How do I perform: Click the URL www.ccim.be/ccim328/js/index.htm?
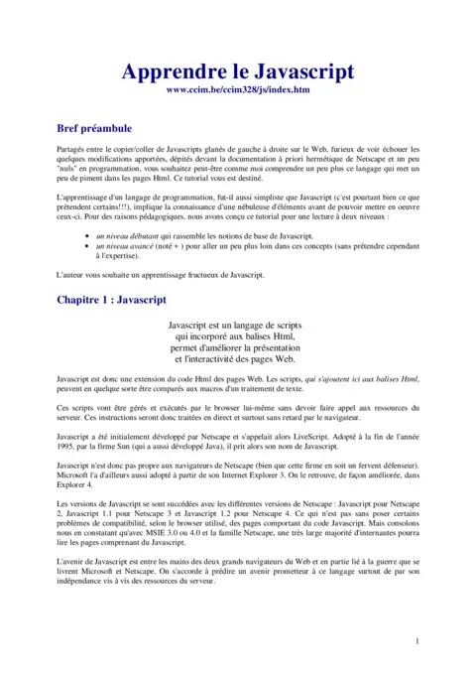pyautogui.click(x=238, y=90)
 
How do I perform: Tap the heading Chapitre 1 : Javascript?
pyautogui.click(x=111, y=298)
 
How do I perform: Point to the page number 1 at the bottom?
pyautogui.click(x=417, y=641)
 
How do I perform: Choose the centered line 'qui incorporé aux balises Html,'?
pyautogui.click(x=238, y=337)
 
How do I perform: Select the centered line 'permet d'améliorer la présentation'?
pyautogui.click(x=238, y=347)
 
